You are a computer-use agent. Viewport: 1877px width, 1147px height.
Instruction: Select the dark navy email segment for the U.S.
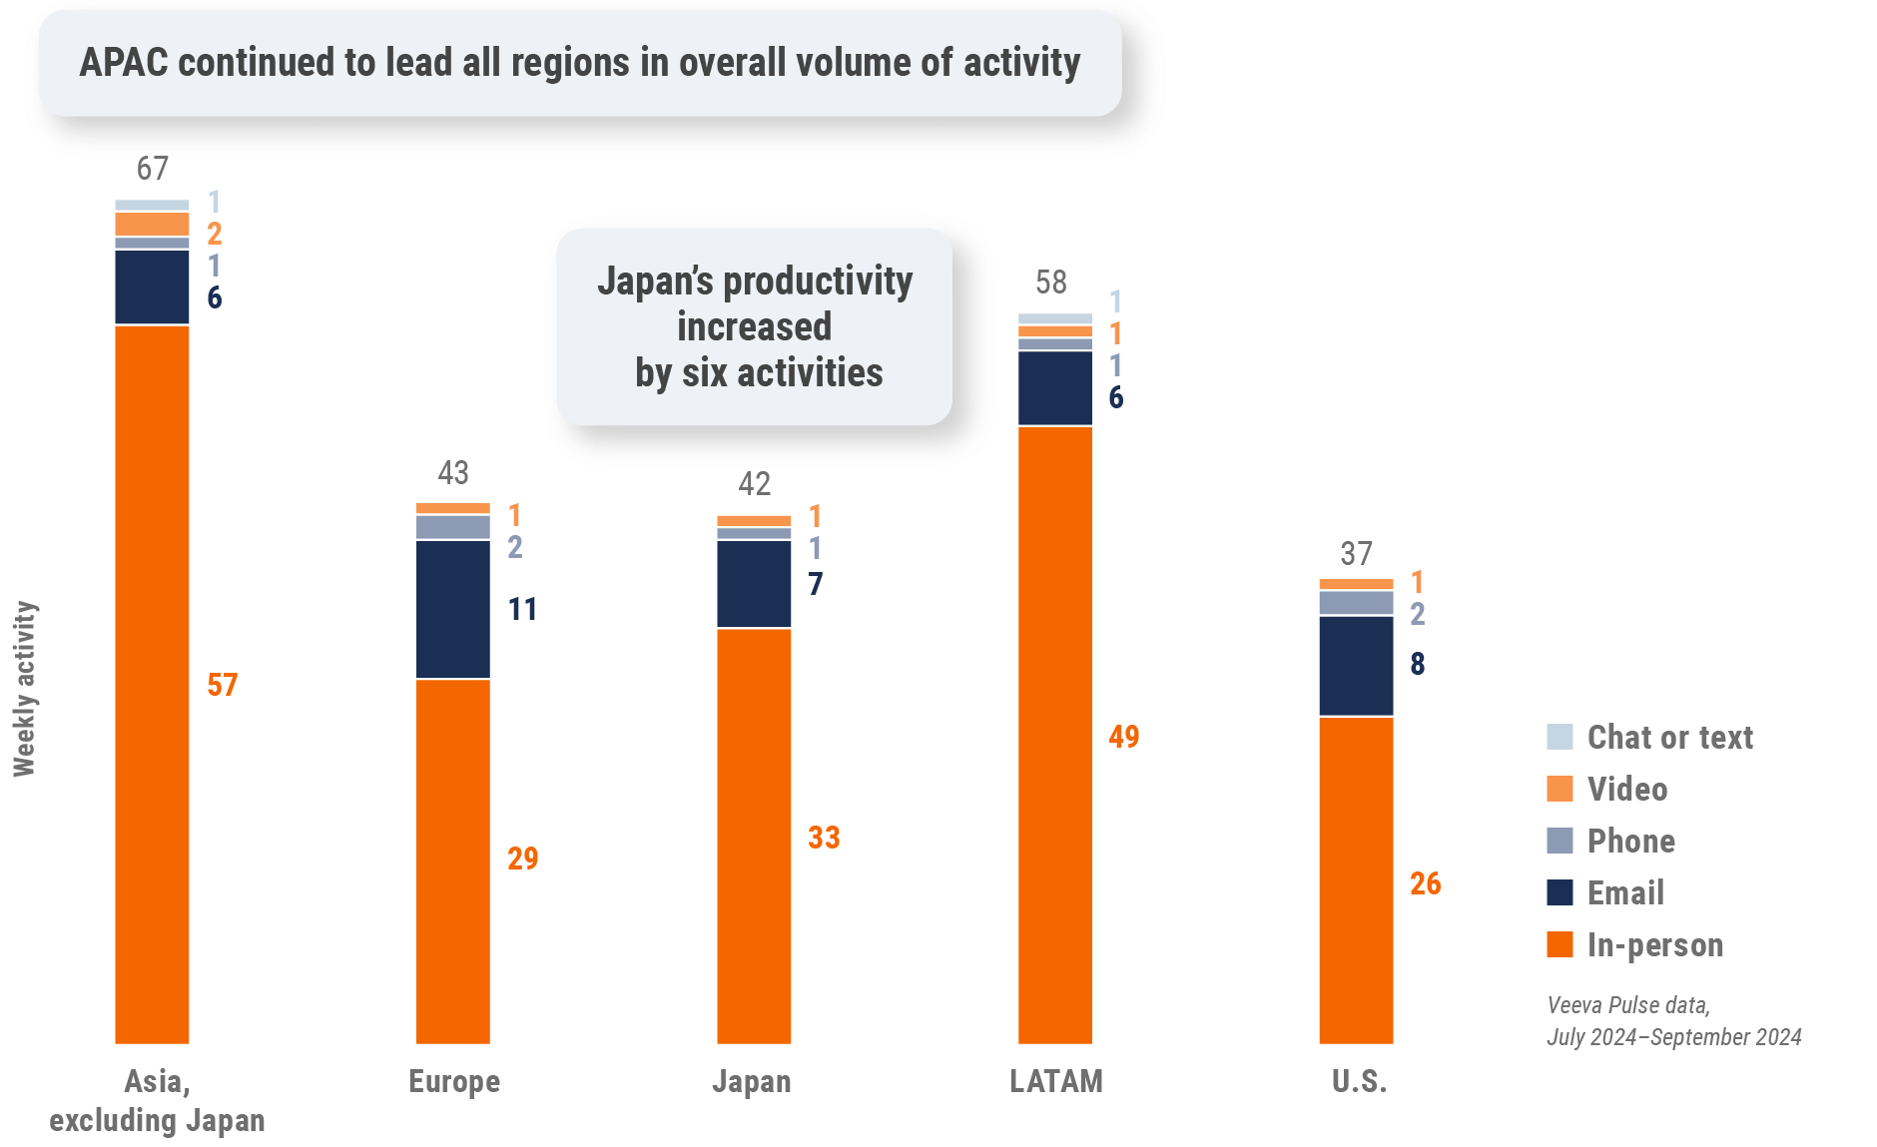(x=1356, y=666)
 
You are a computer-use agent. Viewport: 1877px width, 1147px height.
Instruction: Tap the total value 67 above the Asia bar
(x=153, y=169)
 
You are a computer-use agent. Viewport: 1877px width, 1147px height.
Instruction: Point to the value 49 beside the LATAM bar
(x=1124, y=737)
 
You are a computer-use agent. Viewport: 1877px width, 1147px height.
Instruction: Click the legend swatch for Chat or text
(x=1560, y=737)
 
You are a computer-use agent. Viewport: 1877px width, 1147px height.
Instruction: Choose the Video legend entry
(x=1626, y=789)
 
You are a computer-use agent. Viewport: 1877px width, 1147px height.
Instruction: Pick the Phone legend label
(x=1630, y=841)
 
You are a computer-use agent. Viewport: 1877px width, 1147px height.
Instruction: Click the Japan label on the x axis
(x=751, y=1081)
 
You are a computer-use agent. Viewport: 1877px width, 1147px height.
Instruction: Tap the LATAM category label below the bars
(x=1055, y=1081)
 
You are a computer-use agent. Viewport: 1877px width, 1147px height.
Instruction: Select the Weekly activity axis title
(x=24, y=689)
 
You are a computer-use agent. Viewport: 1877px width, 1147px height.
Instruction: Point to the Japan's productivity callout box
(x=754, y=326)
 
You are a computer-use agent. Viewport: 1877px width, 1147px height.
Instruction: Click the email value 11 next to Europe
(x=522, y=609)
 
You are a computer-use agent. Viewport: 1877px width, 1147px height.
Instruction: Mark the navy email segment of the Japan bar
(x=754, y=583)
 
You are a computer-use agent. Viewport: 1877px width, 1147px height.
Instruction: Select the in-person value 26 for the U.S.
(x=1425, y=883)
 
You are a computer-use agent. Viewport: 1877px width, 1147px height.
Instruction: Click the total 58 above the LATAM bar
(x=1051, y=283)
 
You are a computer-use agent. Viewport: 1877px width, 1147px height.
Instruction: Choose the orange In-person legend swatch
(x=1560, y=944)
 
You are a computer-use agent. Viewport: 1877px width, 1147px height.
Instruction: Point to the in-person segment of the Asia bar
(x=152, y=684)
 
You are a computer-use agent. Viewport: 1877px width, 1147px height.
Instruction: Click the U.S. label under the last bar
(x=1359, y=1081)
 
